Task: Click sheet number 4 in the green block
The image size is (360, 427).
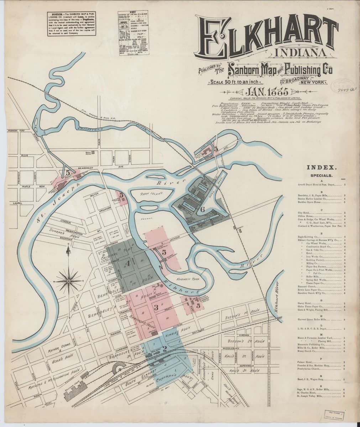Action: coord(128,263)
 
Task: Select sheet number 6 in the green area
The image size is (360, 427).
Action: coord(202,209)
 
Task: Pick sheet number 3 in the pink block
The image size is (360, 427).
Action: coord(156,307)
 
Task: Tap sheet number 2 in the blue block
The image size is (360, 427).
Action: coord(164,349)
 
